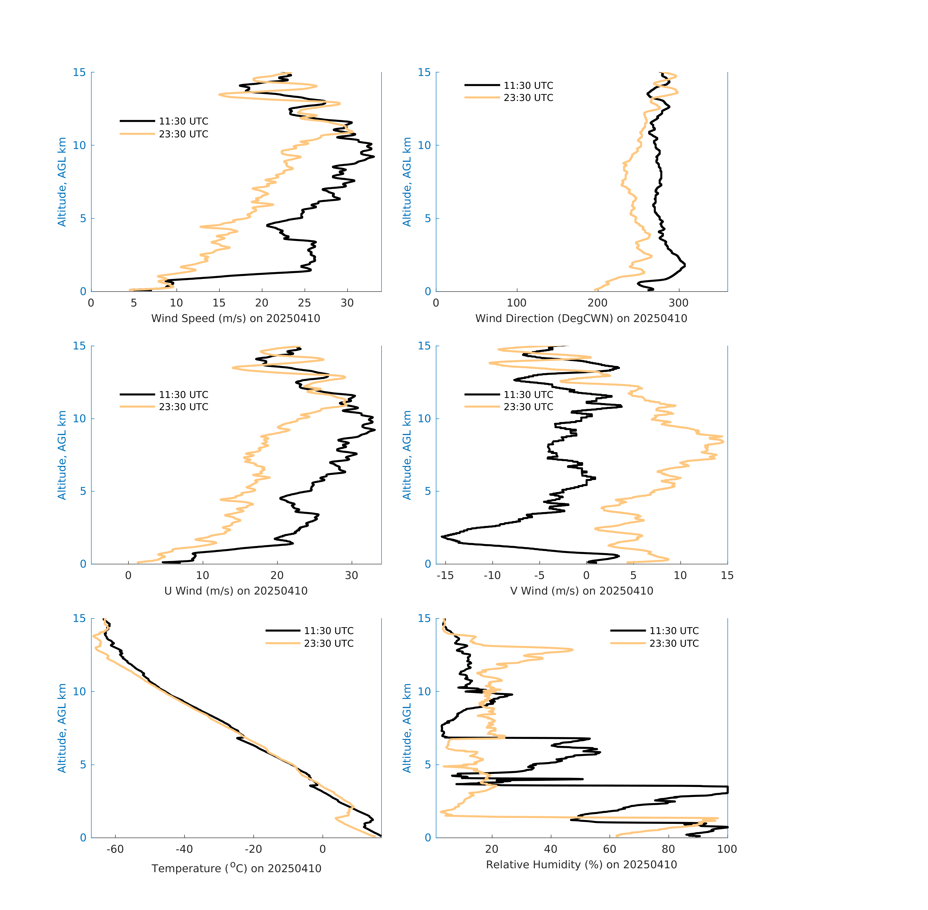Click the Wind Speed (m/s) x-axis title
[x=236, y=318]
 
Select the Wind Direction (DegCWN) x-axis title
[x=581, y=318]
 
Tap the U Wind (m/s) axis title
[x=236, y=591]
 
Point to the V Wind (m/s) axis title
[x=581, y=591]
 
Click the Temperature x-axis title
[x=236, y=868]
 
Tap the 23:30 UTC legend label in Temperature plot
[x=329, y=643]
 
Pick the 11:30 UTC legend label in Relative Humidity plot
[x=674, y=631]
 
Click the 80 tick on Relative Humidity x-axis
[x=668, y=849]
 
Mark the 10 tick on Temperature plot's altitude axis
[x=79, y=692]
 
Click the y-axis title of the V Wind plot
[x=407, y=455]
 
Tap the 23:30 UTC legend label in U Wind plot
[x=183, y=407]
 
